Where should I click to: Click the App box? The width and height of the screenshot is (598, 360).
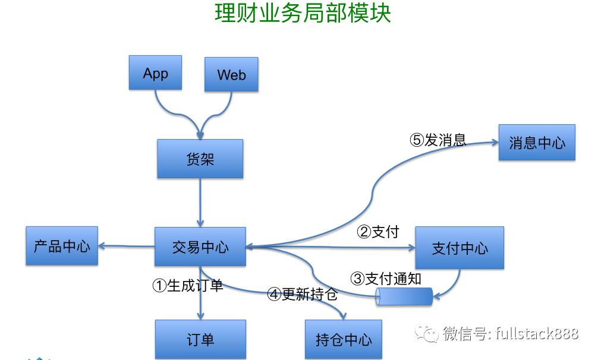pos(155,72)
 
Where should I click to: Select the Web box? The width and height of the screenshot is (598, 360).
pos(231,74)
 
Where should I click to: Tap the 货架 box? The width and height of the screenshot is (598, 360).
pos(200,159)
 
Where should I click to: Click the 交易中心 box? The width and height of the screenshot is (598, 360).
pos(200,247)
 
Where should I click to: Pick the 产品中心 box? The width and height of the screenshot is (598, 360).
pos(62,245)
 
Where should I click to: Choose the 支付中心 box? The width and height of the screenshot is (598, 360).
pos(459,247)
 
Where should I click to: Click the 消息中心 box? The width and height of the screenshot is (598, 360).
pos(537,142)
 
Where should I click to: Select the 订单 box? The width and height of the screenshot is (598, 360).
pos(200,339)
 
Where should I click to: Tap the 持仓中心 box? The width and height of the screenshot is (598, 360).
pos(344,339)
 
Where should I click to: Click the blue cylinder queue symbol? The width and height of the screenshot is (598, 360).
pos(404,296)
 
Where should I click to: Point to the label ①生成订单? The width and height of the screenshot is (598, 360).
pos(187,285)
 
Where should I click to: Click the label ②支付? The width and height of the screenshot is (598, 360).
pos(377,232)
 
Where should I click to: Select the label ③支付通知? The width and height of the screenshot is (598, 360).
pos(386,278)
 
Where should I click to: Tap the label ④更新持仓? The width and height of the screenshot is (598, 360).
pos(302,293)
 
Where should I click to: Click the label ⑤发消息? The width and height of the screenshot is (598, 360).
pos(438,140)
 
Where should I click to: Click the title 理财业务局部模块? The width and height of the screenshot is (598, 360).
pos(303,14)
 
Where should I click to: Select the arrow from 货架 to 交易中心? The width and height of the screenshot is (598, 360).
pos(200,202)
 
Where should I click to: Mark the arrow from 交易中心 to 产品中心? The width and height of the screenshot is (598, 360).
pos(126,245)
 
